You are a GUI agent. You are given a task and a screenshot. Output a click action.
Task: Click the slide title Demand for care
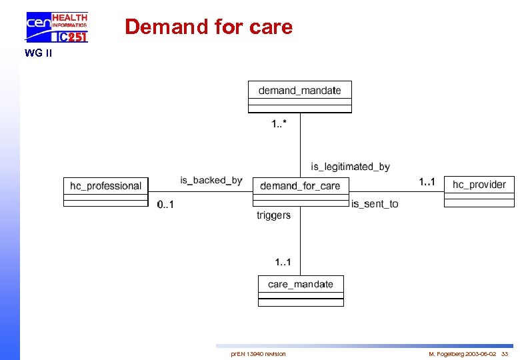(209, 27)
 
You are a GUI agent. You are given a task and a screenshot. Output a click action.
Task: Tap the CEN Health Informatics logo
(57, 27)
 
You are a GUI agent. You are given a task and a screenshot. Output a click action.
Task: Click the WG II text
(38, 53)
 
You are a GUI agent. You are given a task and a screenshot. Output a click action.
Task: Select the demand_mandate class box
(299, 97)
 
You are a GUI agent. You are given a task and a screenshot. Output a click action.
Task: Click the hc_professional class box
(105, 191)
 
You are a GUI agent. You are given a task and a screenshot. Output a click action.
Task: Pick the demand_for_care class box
(300, 191)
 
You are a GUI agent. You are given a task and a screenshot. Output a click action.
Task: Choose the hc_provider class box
(479, 190)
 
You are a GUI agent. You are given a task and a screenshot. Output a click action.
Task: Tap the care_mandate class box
(301, 291)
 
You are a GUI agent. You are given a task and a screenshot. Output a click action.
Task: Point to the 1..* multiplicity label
(279, 123)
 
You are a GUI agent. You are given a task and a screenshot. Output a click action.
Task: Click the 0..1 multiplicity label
(165, 205)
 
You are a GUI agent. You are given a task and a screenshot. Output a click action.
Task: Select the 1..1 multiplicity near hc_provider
(427, 181)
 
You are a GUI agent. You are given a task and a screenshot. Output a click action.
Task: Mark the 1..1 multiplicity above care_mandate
(283, 262)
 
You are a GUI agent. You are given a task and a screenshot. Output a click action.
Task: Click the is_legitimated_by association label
(350, 167)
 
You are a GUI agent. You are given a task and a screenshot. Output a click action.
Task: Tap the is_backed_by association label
(211, 180)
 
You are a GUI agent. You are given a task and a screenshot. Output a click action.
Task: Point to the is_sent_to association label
(375, 204)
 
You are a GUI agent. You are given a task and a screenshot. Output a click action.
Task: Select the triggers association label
(273, 215)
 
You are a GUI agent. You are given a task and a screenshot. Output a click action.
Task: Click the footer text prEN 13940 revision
(258, 354)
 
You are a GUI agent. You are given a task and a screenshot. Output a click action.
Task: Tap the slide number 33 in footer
(505, 354)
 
